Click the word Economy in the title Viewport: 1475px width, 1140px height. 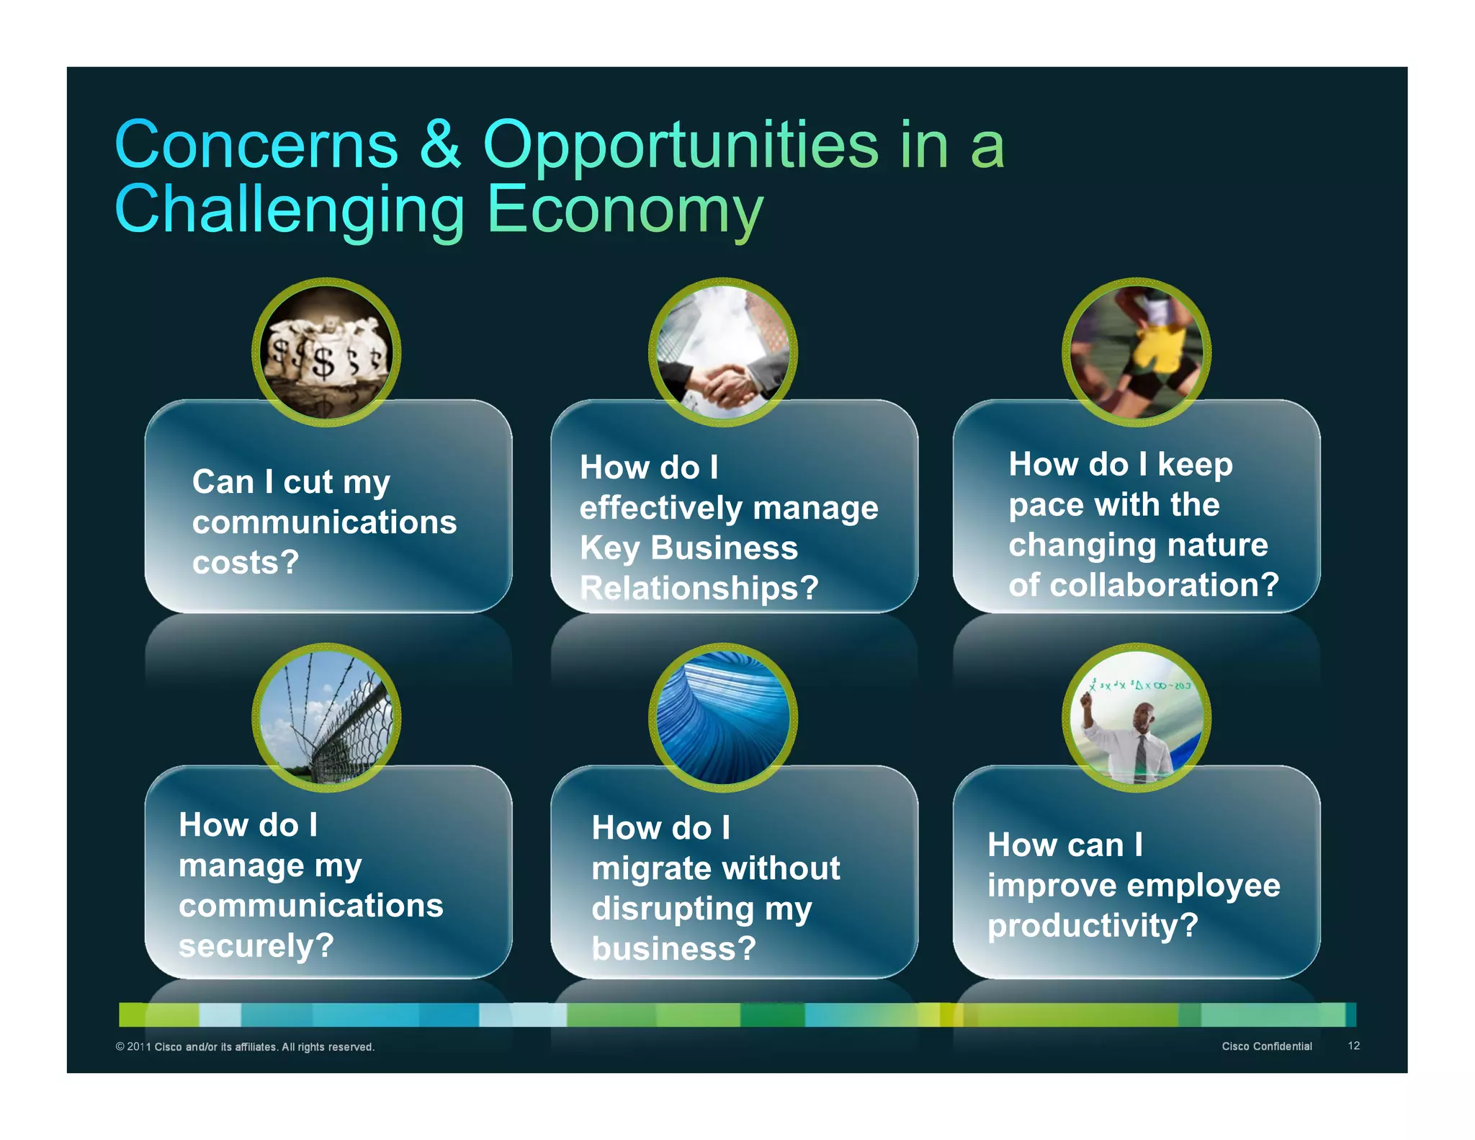pyautogui.click(x=624, y=210)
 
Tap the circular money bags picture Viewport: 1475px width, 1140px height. pyautogui.click(x=326, y=352)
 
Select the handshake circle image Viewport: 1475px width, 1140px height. pyautogui.click(x=723, y=352)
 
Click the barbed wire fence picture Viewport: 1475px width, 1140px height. pyautogui.click(x=326, y=718)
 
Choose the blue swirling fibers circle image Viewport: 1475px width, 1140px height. pyautogui.click(x=723, y=718)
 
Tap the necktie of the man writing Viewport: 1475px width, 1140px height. pyautogui.click(x=1141, y=756)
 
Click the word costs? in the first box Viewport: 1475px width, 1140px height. pyautogui.click(x=245, y=562)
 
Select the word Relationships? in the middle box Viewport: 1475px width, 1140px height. pyautogui.click(x=699, y=588)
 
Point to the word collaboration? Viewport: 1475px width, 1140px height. pyautogui.click(x=1164, y=584)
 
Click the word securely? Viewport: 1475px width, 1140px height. pyautogui.click(x=256, y=945)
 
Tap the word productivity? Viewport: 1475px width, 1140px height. pyautogui.click(x=1092, y=925)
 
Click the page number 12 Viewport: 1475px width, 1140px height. pyautogui.click(x=1353, y=1046)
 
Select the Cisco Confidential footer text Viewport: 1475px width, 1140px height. pyautogui.click(x=1266, y=1046)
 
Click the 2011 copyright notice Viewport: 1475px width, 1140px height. pyautogui.click(x=245, y=1047)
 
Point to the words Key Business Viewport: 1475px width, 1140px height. pyautogui.click(x=689, y=548)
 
